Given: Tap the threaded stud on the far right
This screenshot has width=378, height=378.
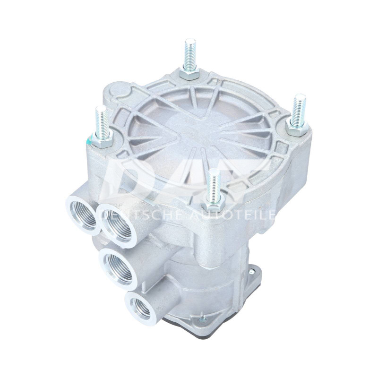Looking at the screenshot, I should pyautogui.click(x=299, y=109).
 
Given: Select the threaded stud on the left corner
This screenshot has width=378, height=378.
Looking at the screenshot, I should pyautogui.click(x=101, y=120).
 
